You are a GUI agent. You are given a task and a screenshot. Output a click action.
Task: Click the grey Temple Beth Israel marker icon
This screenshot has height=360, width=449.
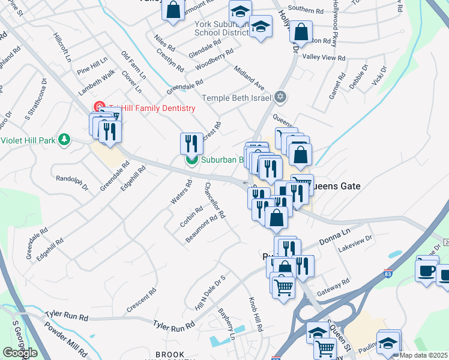tap(280, 97)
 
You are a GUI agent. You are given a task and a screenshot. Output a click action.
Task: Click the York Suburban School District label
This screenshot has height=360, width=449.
tap(221, 29)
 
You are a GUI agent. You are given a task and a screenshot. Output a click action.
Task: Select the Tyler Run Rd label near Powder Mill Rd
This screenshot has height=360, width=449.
tap(67, 317)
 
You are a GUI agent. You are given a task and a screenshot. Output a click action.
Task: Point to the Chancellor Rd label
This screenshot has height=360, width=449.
tap(214, 200)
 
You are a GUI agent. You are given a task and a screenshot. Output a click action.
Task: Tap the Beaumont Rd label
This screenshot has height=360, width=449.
tap(200, 229)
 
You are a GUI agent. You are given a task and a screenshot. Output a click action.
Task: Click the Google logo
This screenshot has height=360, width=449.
tap(20, 352)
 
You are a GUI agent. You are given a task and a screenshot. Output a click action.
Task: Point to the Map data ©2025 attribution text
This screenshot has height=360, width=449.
tap(424, 355)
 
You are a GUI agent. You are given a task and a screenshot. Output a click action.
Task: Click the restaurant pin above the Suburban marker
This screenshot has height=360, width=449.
tap(191, 144)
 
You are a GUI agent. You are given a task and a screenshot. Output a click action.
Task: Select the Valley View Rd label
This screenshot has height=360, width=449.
tap(324, 58)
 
